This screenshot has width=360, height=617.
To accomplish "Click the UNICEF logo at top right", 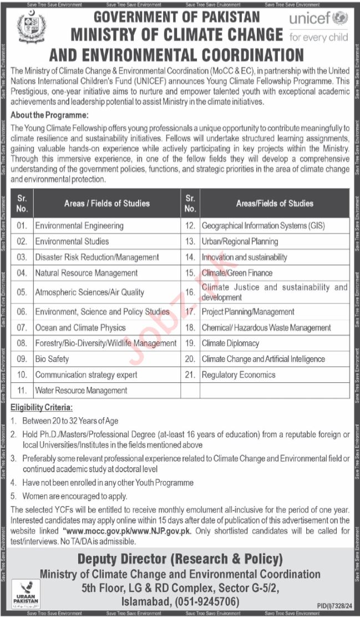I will click(318, 27).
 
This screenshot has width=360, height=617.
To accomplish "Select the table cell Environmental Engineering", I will click(79, 226).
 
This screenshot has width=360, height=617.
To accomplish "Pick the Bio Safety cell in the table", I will click(52, 359).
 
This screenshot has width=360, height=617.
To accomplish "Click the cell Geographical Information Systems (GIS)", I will click(263, 226).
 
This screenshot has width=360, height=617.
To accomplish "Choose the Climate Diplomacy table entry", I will click(230, 343).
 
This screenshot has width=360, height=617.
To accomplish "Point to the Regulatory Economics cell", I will click(239, 375).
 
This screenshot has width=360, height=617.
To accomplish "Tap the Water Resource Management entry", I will click(81, 391).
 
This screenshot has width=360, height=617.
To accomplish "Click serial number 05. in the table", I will click(22, 292).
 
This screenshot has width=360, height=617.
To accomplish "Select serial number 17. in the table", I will click(190, 312).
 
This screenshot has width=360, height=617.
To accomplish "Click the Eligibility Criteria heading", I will click(42, 408).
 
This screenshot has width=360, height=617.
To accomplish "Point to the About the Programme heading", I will click(49, 115).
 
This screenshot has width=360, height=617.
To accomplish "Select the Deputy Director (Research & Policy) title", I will click(180, 559).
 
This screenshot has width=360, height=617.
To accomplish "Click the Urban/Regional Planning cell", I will click(240, 242).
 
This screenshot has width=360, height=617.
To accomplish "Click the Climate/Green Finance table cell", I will click(237, 273).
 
